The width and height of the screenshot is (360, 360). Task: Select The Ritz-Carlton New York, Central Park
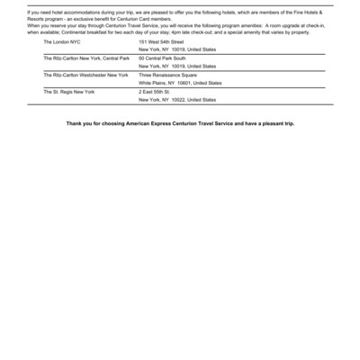(86, 58)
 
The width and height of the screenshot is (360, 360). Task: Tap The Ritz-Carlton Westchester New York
(85, 75)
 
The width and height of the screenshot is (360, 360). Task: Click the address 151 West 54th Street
(161, 41)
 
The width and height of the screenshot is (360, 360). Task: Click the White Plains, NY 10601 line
(179, 83)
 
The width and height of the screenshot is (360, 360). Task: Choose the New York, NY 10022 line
(176, 99)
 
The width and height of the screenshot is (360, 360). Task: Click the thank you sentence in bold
(180, 122)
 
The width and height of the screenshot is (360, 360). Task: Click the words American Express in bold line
(157, 122)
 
